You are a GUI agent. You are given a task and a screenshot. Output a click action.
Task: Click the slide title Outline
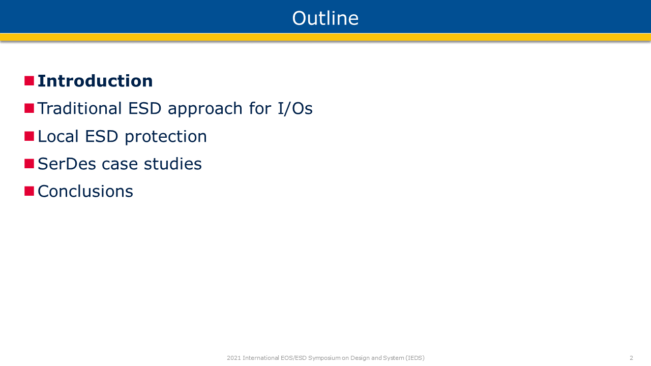point(325,18)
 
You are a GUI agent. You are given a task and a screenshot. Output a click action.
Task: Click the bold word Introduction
point(95,81)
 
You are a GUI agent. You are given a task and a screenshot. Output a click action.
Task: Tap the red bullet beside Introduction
point(29,81)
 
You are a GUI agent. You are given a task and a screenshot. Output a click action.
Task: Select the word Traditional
point(80,108)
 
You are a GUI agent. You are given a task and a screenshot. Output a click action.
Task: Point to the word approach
point(205,109)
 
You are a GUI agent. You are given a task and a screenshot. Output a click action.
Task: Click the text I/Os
point(295,109)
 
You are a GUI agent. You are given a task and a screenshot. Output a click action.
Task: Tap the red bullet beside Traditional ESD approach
point(29,108)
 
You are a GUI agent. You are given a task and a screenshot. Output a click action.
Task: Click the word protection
point(166,137)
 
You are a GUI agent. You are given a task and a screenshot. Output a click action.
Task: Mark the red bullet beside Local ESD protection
point(29,136)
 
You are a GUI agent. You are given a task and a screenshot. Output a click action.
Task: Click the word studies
point(172,164)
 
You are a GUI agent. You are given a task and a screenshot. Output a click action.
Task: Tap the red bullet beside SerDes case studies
point(29,164)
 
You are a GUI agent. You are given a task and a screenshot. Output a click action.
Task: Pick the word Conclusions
point(85,191)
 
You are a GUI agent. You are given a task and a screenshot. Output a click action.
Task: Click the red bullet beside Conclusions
point(29,191)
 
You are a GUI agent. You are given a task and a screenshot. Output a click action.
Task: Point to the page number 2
point(631,358)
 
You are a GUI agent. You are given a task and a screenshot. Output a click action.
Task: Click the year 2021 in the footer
point(233,358)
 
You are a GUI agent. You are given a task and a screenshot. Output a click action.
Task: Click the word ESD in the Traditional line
point(145,108)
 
